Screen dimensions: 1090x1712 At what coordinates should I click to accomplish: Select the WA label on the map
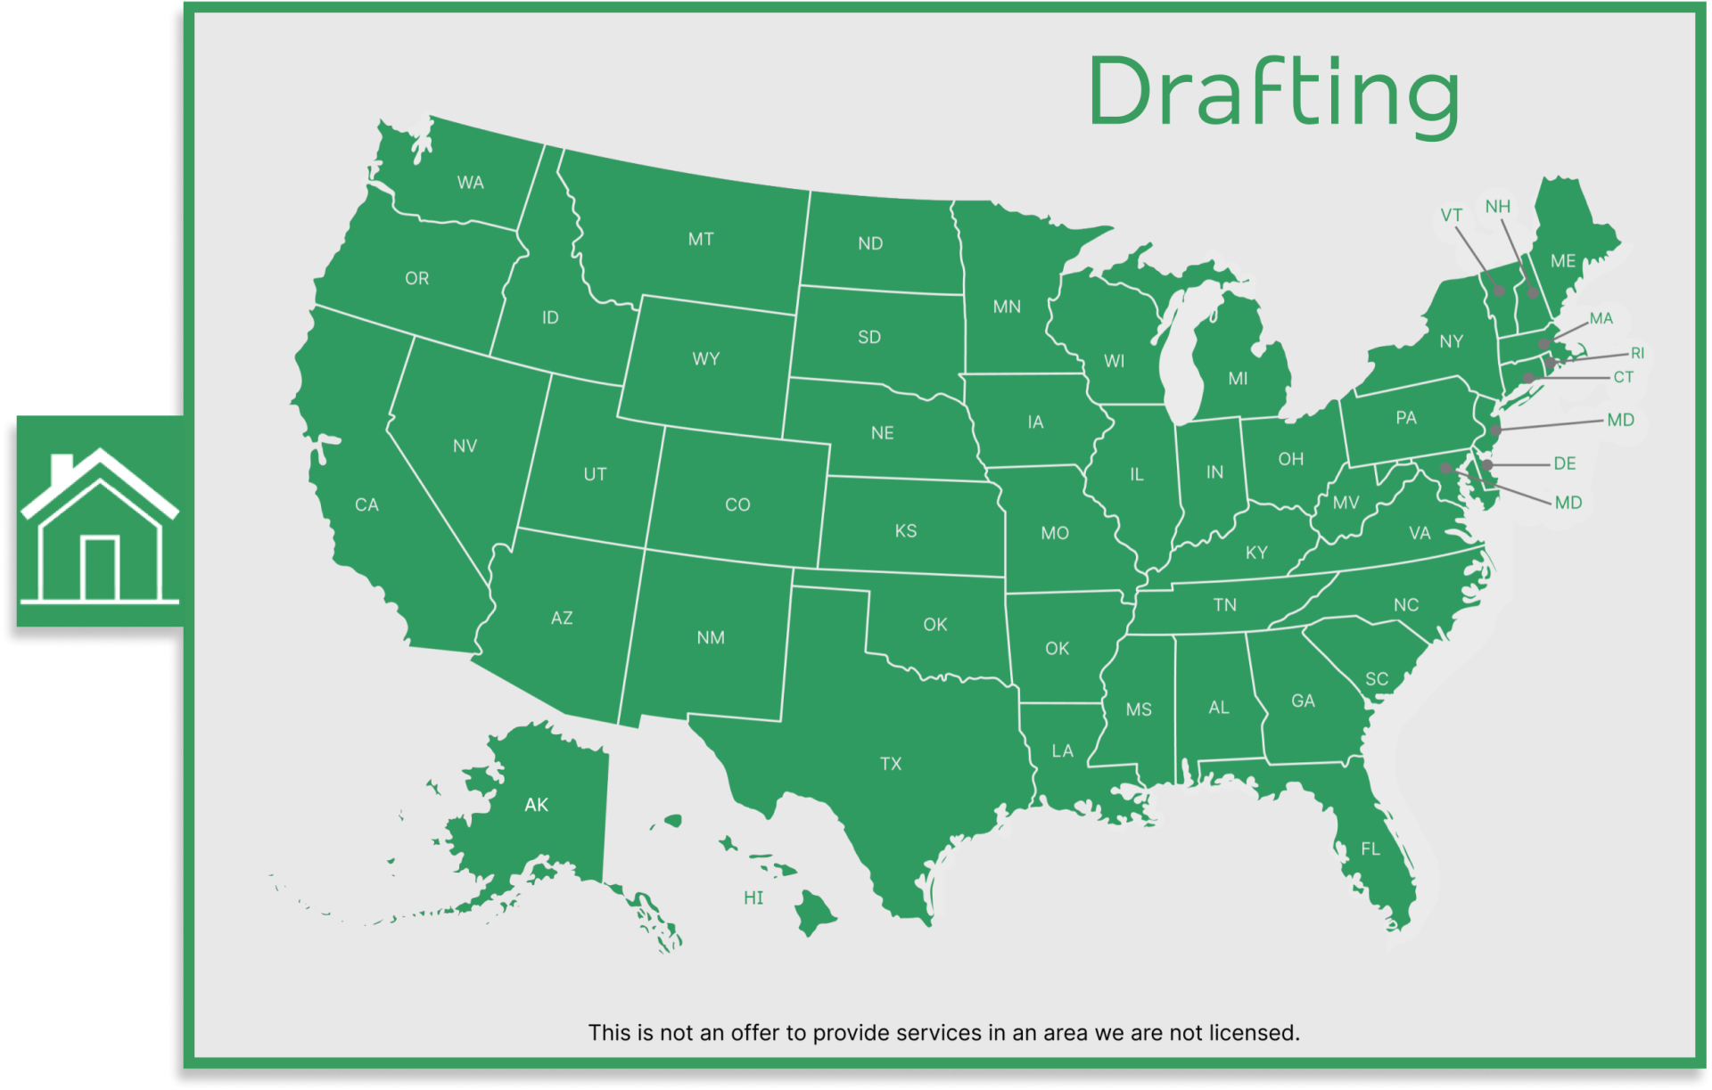pyautogui.click(x=470, y=183)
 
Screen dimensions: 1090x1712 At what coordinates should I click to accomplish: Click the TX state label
pyautogui.click(x=890, y=764)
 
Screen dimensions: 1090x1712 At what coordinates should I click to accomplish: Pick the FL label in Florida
pyautogui.click(x=1370, y=849)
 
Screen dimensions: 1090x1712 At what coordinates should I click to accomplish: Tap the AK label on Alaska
pyautogui.click(x=536, y=805)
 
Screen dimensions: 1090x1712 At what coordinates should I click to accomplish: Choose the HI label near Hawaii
pyautogui.click(x=753, y=897)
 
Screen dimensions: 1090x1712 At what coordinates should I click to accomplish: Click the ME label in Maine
pyautogui.click(x=1562, y=261)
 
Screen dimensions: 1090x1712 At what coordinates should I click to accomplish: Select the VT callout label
pyautogui.click(x=1451, y=215)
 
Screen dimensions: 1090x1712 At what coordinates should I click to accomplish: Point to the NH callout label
pyautogui.click(x=1497, y=207)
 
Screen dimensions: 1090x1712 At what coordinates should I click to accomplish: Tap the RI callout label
pyautogui.click(x=1637, y=353)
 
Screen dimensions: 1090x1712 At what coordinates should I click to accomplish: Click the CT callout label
pyautogui.click(x=1623, y=377)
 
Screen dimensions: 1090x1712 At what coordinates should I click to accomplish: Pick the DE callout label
pyautogui.click(x=1564, y=463)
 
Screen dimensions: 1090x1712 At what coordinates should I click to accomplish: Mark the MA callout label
pyautogui.click(x=1601, y=318)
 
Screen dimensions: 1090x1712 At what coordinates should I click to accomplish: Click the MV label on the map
pyautogui.click(x=1346, y=504)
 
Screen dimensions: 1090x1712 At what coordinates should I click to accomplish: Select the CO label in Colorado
pyautogui.click(x=737, y=504)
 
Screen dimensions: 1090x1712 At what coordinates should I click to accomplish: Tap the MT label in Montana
pyautogui.click(x=701, y=239)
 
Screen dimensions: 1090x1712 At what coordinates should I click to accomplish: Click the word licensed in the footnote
pyautogui.click(x=1253, y=1033)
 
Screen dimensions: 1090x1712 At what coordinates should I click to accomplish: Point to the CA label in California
pyautogui.click(x=366, y=504)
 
